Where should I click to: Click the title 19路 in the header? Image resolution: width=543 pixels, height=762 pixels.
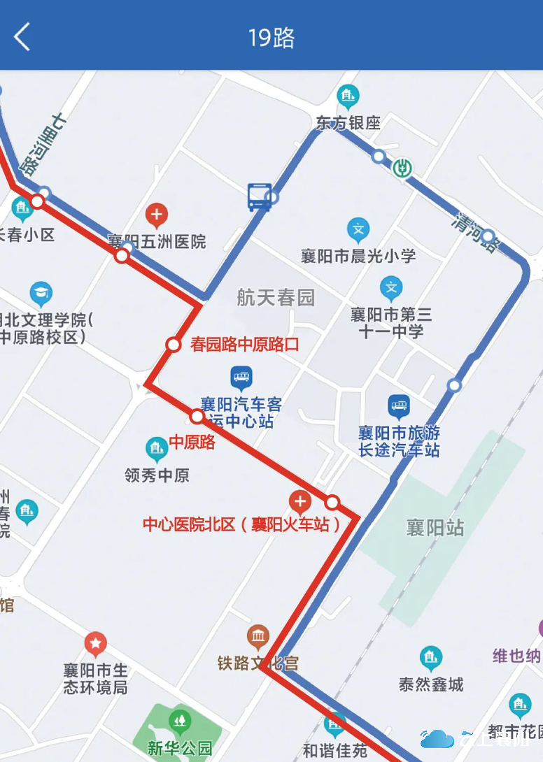[271, 37]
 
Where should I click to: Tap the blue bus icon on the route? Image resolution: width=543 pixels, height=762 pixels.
[259, 196]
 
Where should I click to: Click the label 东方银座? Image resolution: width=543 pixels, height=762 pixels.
[348, 123]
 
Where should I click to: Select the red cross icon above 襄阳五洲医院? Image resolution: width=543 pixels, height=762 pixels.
[157, 215]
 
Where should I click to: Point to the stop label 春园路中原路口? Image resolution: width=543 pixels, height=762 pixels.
[244, 345]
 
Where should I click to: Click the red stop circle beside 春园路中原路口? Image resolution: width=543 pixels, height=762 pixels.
[174, 344]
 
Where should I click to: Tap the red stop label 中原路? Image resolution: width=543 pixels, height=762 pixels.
[192, 443]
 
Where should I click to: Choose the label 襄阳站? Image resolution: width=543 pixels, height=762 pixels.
[435, 527]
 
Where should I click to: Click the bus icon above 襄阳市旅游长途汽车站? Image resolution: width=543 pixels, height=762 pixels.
[399, 406]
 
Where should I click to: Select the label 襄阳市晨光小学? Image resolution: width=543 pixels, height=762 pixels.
[358, 256]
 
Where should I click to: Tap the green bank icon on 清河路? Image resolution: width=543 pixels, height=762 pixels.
[402, 168]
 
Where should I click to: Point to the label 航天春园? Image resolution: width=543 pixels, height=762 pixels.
[276, 298]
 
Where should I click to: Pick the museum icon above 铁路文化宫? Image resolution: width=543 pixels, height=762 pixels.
[258, 636]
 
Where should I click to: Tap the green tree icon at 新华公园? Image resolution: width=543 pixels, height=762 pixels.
[181, 720]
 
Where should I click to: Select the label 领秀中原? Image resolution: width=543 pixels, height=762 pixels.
[157, 476]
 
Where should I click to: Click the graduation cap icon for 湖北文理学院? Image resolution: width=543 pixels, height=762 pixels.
[41, 294]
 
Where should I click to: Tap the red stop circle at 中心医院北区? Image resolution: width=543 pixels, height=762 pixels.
[332, 502]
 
